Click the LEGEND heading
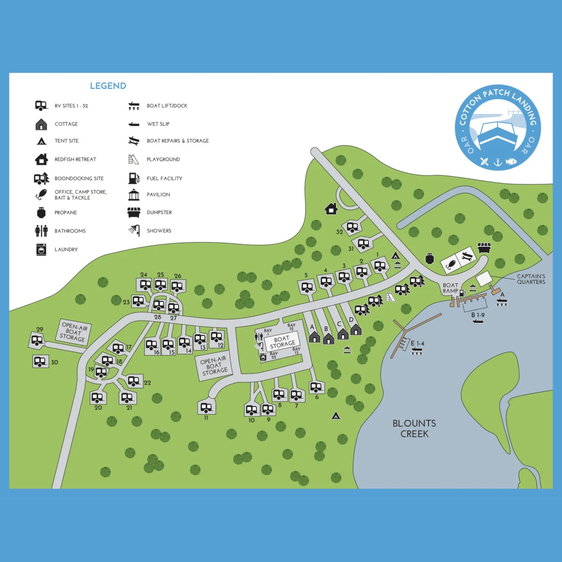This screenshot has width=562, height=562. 108,86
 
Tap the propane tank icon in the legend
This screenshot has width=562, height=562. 41,213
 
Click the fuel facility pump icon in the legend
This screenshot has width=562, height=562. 134,178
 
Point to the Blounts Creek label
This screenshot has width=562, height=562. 414,428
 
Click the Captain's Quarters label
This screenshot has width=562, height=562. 531,279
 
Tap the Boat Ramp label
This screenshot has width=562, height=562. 450,288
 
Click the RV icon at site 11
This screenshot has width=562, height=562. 206,407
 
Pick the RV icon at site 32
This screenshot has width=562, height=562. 352,227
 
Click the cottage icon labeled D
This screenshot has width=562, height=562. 356,330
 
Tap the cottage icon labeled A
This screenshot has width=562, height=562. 314,337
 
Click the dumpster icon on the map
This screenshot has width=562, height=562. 484,248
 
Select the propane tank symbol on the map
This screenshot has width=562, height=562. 430,258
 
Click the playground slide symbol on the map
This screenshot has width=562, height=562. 391,297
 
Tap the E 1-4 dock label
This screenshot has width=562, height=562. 417,343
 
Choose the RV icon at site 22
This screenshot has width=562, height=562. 134,381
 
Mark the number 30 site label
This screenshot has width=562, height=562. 54,363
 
